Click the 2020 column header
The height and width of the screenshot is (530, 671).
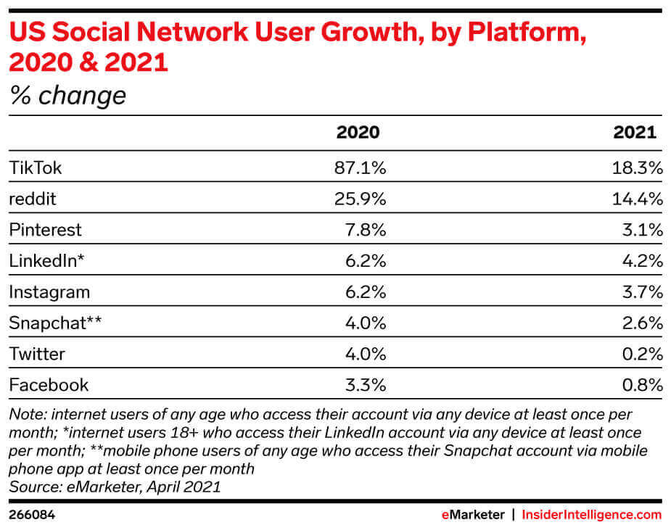[x=358, y=133]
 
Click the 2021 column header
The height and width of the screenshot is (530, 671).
[x=635, y=133]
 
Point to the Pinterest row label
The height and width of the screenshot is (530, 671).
[x=45, y=231]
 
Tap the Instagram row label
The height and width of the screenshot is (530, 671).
[x=49, y=292]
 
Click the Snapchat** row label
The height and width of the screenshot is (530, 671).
[x=55, y=323]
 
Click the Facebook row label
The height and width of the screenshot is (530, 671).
[x=48, y=385]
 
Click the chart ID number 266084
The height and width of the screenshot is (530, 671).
[x=32, y=515]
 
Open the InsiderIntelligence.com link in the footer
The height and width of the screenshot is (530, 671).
[x=592, y=515]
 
